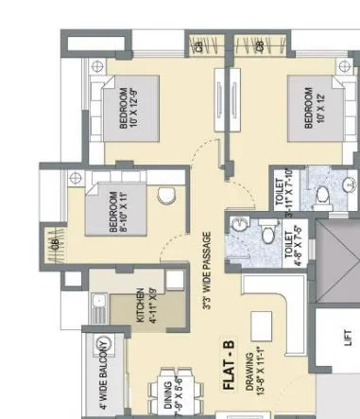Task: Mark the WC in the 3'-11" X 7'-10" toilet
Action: (323, 195)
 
